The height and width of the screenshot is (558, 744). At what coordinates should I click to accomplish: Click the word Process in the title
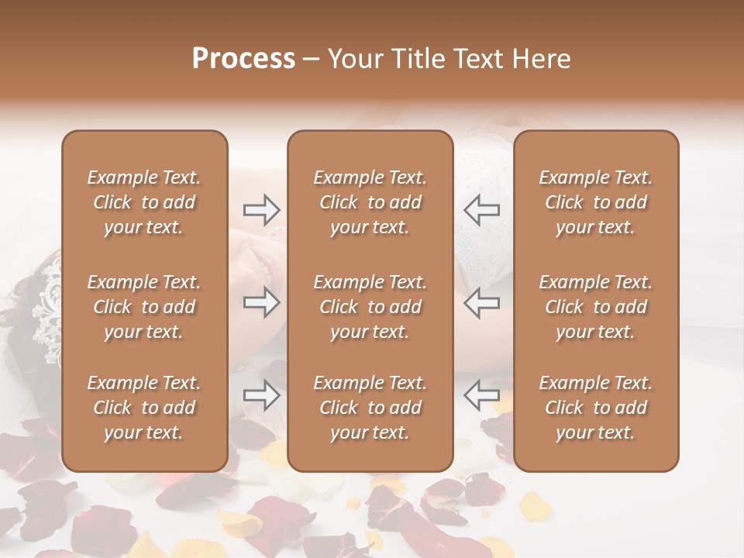[243, 59]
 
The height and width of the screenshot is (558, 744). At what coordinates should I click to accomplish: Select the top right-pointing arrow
[261, 209]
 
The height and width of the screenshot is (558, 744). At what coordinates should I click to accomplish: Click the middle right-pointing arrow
[261, 302]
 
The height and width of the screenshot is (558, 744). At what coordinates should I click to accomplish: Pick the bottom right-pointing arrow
[261, 395]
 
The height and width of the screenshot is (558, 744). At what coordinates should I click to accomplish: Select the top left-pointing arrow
[482, 209]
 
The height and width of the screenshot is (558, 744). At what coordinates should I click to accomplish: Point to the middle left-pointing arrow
[482, 302]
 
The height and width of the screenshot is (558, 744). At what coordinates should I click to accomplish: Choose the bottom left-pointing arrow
[482, 395]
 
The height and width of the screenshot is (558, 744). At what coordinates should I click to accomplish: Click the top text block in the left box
[144, 202]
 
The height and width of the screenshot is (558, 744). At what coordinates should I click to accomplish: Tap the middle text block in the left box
[144, 307]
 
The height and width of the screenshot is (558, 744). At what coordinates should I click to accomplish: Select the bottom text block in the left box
[144, 408]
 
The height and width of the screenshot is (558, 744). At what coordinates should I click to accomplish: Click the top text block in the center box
[370, 202]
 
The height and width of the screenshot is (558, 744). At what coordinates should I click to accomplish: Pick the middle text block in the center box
[370, 307]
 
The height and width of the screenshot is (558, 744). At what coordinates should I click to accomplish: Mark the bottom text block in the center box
[370, 408]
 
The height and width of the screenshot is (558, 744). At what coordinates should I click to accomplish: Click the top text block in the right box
[595, 202]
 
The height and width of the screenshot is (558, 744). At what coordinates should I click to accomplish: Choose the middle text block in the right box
[595, 307]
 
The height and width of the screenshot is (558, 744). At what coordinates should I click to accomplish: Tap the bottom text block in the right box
[595, 408]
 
